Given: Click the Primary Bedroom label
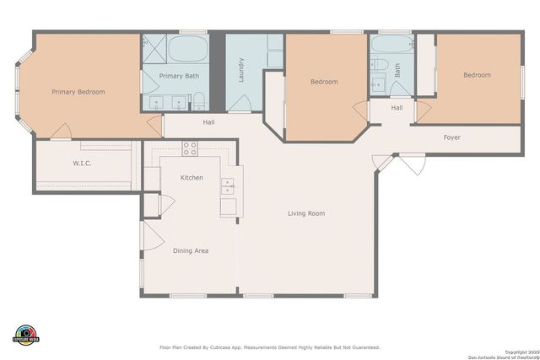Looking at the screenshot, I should (x=78, y=92).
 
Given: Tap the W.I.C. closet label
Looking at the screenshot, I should (x=82, y=163).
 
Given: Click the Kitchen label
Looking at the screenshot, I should (x=192, y=178).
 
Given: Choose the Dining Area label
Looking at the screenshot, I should (x=191, y=250).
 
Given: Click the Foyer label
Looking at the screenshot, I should (x=452, y=137).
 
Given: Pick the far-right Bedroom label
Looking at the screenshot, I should (x=477, y=75).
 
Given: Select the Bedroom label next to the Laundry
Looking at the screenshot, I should (x=324, y=82).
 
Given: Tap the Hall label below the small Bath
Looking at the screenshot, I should (x=397, y=108).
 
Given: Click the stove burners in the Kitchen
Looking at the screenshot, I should (x=190, y=148).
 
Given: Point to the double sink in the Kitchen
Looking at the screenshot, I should (x=227, y=186).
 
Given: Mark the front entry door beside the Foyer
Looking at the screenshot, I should (x=412, y=164).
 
